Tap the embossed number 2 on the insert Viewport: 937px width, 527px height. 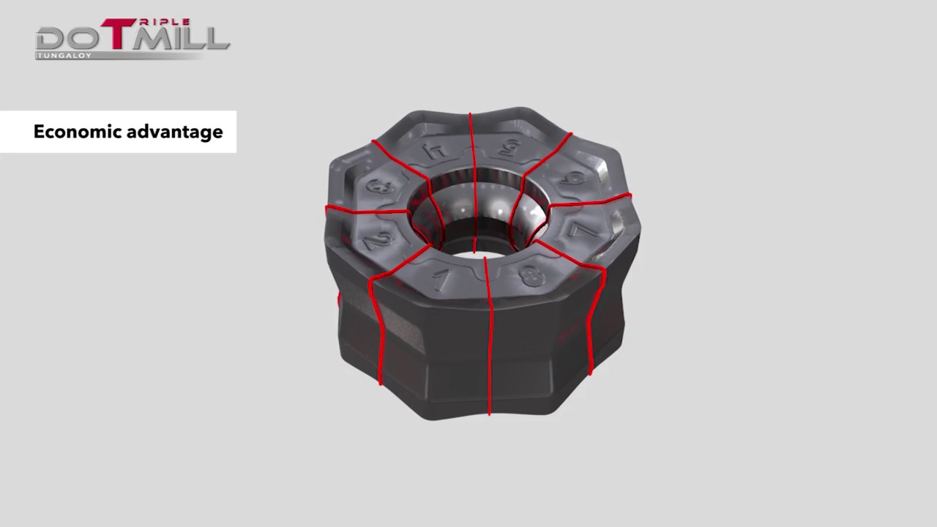378,239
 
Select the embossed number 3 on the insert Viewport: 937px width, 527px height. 376,187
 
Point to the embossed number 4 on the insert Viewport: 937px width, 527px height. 437,150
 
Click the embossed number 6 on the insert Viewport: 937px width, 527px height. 575,178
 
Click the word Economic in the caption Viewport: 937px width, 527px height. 77,132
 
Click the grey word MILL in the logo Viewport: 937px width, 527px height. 183,38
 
